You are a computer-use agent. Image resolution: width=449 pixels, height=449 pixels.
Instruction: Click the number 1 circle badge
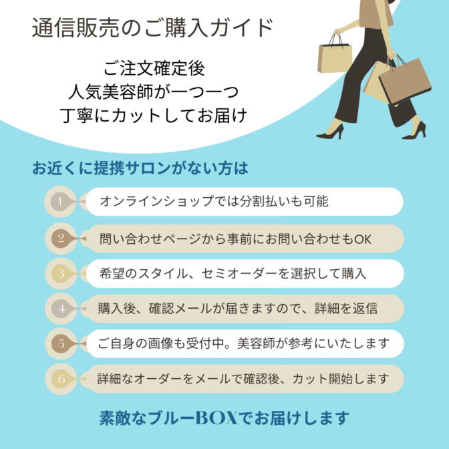[x=60, y=202]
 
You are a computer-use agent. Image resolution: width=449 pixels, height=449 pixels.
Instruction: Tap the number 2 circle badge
[x=61, y=239]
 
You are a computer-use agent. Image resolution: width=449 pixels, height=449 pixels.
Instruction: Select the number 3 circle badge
[x=61, y=273]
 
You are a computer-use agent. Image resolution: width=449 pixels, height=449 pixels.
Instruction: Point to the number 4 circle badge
[x=61, y=309]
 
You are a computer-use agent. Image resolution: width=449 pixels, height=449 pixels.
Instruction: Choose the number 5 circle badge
[x=61, y=343]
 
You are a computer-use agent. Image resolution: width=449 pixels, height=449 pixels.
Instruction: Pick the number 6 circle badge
[x=61, y=379]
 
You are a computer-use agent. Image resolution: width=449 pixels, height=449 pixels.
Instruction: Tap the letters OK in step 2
[x=363, y=239]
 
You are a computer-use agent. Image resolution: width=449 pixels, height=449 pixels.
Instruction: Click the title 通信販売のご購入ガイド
[x=152, y=28]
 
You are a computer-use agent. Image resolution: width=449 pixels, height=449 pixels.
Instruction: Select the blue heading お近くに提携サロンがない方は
[x=140, y=168]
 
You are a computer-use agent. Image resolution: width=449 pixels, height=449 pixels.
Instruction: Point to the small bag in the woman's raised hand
[x=335, y=57]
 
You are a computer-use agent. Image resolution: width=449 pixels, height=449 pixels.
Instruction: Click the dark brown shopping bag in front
[x=405, y=81]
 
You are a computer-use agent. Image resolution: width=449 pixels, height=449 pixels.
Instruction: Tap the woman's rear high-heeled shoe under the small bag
[x=331, y=132]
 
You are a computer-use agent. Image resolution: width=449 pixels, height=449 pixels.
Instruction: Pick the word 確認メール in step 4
[x=180, y=309]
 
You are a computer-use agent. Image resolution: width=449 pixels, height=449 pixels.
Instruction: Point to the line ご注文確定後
[x=154, y=68]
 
